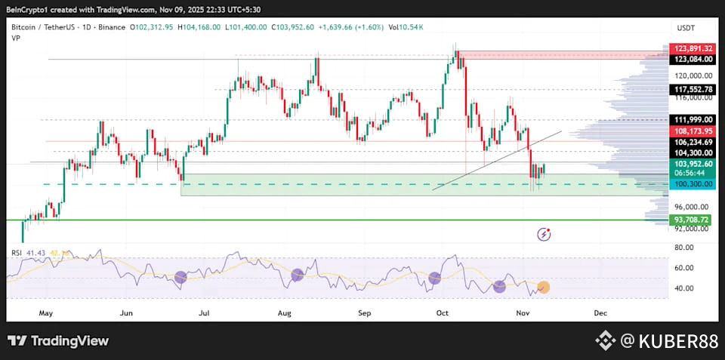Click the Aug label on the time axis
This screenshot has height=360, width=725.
(285, 312)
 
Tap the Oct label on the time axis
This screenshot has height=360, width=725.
(443, 312)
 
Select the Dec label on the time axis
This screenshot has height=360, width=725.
(600, 312)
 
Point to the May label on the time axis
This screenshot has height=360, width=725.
(46, 312)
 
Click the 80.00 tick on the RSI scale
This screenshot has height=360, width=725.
(684, 248)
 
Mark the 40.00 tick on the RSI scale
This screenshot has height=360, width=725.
(684, 288)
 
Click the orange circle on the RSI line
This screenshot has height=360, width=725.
(543, 287)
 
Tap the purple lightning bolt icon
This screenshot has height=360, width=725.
(544, 234)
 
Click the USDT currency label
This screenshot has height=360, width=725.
(686, 27)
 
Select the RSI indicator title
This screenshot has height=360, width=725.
(15, 251)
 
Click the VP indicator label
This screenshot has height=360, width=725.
(15, 37)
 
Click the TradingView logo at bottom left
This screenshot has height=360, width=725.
(58, 341)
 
